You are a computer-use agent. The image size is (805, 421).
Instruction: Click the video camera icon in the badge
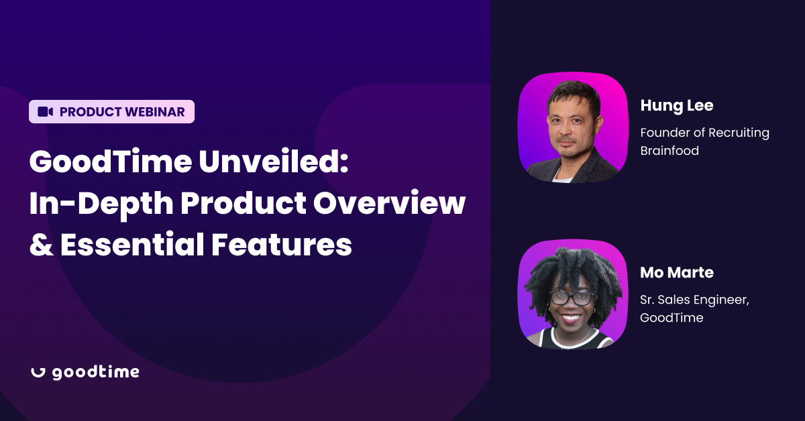pos(45,112)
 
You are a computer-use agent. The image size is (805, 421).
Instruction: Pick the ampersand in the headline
pos(40,245)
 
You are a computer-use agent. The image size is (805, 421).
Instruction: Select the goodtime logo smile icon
pos(38,373)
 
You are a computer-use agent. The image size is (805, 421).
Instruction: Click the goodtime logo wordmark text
pos(95,373)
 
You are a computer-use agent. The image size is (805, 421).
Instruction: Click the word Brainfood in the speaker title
pos(669,151)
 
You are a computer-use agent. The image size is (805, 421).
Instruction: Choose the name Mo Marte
pos(677,273)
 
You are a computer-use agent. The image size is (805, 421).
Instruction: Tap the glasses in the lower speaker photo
pos(572,298)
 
